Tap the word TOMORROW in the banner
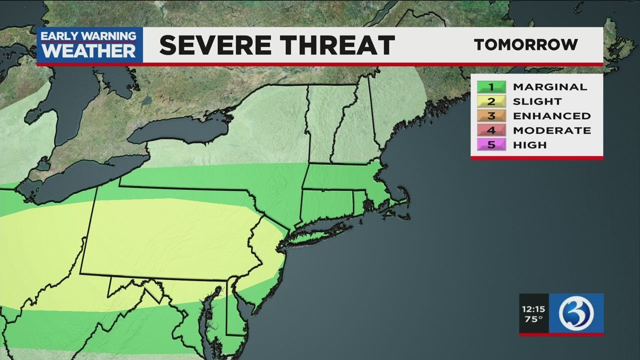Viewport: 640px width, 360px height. (x=526, y=44)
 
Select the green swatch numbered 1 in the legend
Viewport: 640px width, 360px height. (x=491, y=87)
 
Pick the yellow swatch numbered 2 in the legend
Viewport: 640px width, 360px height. (x=491, y=101)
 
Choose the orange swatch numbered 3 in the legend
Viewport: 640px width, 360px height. (x=491, y=116)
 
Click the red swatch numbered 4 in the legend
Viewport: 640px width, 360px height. (x=491, y=130)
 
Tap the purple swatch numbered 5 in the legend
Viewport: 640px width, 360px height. (x=491, y=145)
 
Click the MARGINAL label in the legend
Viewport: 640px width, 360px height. (x=550, y=87)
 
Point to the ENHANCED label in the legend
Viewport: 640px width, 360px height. (x=552, y=116)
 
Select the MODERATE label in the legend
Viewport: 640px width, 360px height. (x=552, y=130)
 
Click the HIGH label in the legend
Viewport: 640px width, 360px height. (x=530, y=145)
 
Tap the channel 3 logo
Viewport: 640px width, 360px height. (x=576, y=313)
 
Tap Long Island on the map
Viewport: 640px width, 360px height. (x=320, y=230)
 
